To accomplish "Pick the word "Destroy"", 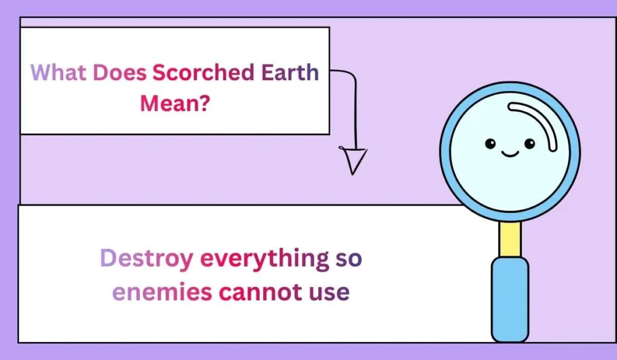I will point(146,259).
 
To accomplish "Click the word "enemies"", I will point(162,292).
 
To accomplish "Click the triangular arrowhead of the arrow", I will point(354,160).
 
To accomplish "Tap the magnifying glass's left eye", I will point(490,144).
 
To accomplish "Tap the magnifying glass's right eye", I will point(530,144).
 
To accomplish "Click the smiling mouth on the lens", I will point(510,153).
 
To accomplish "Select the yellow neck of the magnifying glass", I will point(510,239).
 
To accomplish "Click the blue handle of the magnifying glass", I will point(510,298).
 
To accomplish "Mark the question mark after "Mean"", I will point(205,103).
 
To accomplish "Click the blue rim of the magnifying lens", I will point(445,151).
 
